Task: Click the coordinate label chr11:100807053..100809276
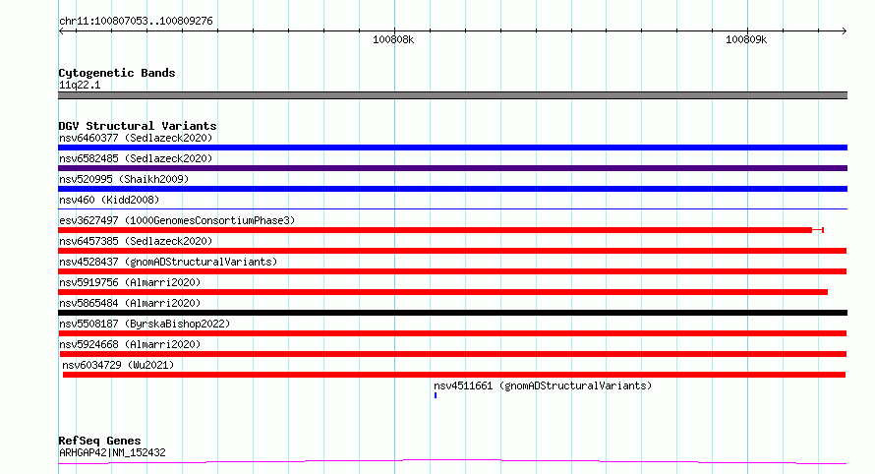point(136,22)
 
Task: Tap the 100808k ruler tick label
point(393,39)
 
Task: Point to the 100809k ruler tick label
point(746,39)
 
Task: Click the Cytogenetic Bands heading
point(117,73)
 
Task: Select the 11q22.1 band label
point(80,85)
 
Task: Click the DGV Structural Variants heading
point(138,126)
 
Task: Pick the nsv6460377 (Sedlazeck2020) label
point(136,138)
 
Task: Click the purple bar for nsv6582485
point(452,168)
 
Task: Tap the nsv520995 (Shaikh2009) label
point(124,179)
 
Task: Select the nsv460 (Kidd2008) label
point(109,200)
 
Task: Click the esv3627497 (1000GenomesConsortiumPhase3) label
point(177,220)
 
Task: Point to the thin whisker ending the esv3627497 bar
point(818,230)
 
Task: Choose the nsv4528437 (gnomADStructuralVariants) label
point(168,262)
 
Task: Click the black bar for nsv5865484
point(452,313)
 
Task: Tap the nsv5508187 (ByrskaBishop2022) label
point(145,324)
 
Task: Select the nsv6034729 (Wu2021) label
point(118,365)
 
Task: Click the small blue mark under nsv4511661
point(436,395)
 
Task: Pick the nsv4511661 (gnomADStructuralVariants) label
point(543,385)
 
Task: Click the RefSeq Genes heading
point(99,441)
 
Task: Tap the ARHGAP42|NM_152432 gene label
point(112,452)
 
